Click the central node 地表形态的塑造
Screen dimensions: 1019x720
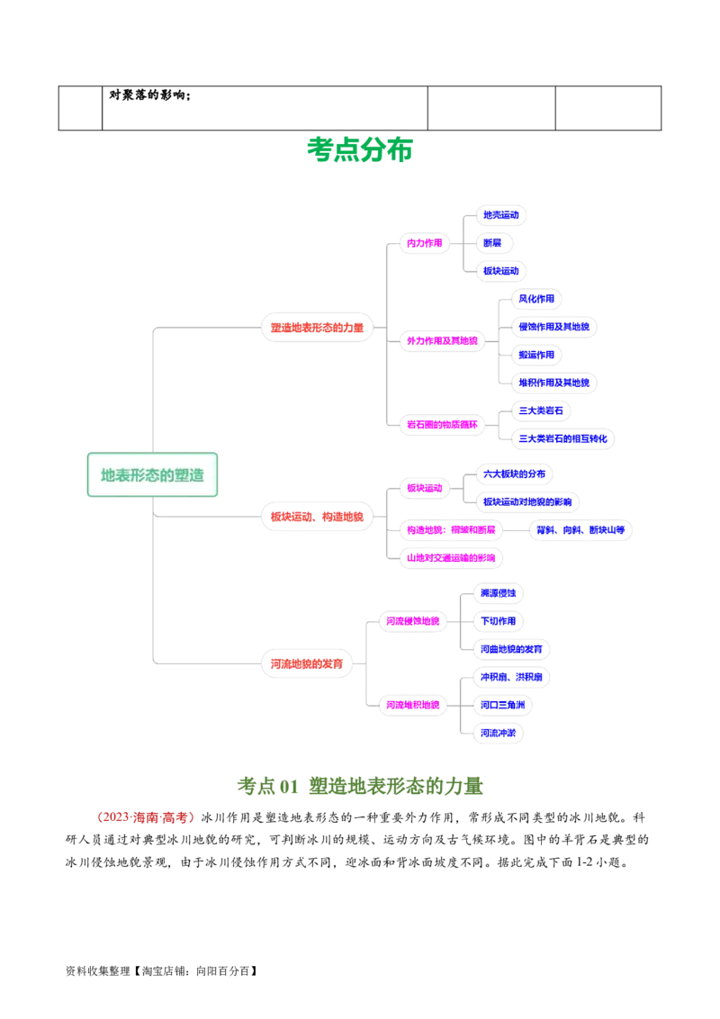[152, 474]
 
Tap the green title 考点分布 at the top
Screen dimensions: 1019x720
[360, 149]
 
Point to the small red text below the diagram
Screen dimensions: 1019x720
[144, 817]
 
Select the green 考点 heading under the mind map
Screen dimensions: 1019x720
[360, 785]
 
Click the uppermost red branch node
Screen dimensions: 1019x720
[318, 328]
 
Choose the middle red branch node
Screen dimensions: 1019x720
[318, 517]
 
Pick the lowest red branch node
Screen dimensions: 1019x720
[306, 663]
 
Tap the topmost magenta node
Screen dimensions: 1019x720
[424, 243]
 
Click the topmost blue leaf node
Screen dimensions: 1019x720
[500, 215]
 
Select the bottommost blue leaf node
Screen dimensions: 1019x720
[499, 733]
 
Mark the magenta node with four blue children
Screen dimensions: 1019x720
[442, 340]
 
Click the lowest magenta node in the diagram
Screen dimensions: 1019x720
[412, 704]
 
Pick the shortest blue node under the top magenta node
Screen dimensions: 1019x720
[492, 243]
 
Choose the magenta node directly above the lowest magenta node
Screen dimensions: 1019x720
[412, 620]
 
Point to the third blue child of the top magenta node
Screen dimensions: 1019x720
[500, 271]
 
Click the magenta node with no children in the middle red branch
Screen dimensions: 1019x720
[451, 557]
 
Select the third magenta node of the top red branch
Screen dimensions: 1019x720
[442, 424]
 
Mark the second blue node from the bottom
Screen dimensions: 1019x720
[501, 704]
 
